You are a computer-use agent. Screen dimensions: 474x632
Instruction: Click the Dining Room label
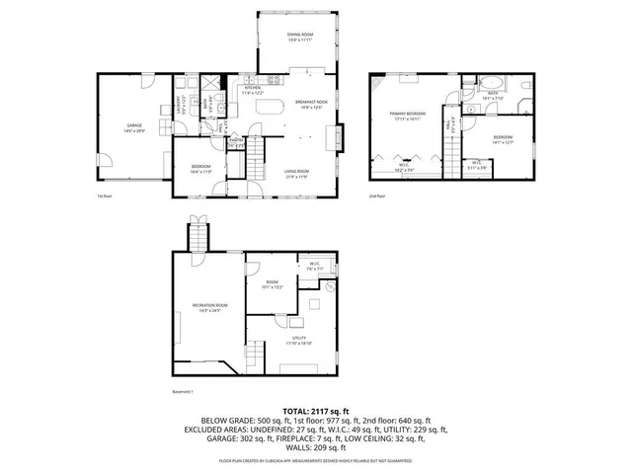pos(300,38)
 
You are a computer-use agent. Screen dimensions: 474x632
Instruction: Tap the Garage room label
pos(134,127)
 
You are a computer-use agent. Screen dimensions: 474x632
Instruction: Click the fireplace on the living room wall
pos(341,134)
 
